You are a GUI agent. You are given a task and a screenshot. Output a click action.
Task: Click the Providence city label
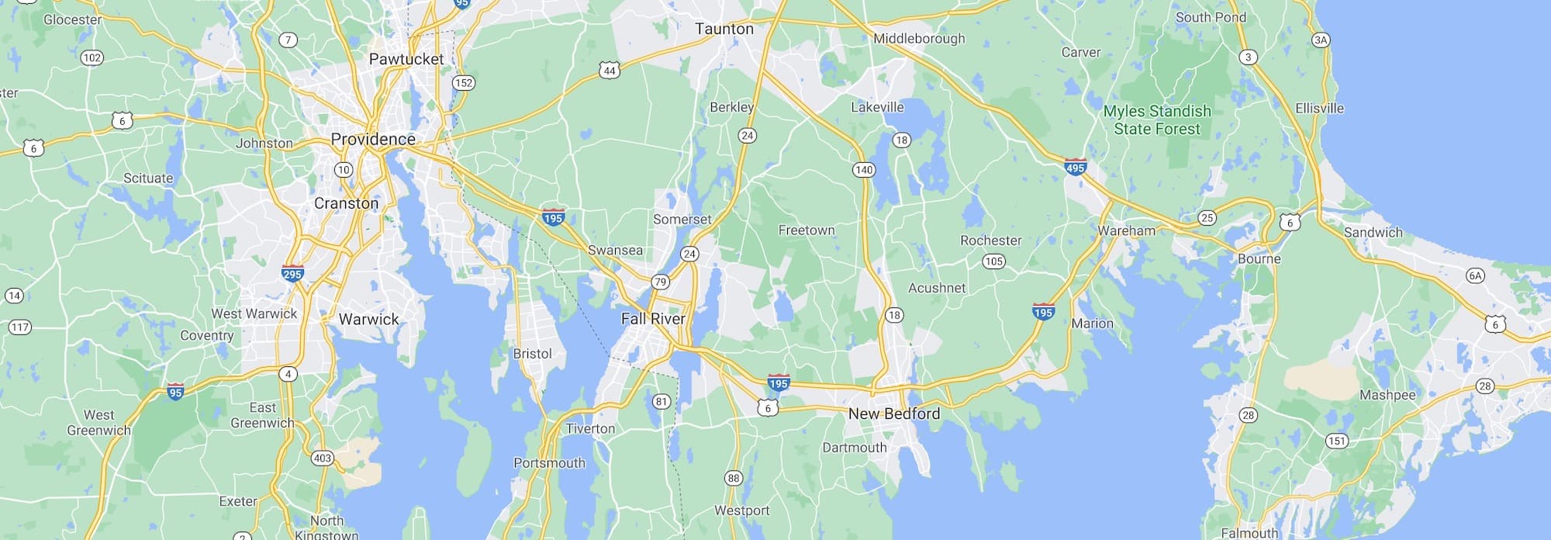373,140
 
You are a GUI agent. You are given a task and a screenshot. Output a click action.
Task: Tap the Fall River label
653,319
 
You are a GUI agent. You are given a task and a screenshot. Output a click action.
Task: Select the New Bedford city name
893,414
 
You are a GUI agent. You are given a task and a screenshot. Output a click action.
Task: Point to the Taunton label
724,29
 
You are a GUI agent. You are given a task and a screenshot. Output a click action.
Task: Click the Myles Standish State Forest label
1157,120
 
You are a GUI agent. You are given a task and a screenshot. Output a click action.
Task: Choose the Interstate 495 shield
1076,167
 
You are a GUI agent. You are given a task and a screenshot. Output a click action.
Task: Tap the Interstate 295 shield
292,273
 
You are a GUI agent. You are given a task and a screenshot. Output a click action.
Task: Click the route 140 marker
863,170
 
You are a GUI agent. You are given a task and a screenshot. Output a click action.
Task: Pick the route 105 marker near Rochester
993,261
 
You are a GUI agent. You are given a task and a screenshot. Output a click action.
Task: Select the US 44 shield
610,71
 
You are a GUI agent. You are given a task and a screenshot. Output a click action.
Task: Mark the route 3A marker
1321,40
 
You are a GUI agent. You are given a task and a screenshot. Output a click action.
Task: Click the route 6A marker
1474,275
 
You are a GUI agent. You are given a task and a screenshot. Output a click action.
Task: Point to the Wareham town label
1126,230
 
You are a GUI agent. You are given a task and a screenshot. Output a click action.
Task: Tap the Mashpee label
1387,395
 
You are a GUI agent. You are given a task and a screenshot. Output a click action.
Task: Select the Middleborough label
919,39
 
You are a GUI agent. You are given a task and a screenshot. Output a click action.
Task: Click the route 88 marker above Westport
733,478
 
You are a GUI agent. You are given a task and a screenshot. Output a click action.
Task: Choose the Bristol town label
532,354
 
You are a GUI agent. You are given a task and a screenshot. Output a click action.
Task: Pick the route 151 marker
1336,441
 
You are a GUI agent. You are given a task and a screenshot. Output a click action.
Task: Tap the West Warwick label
254,313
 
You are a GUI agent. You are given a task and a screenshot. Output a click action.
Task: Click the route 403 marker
322,458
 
